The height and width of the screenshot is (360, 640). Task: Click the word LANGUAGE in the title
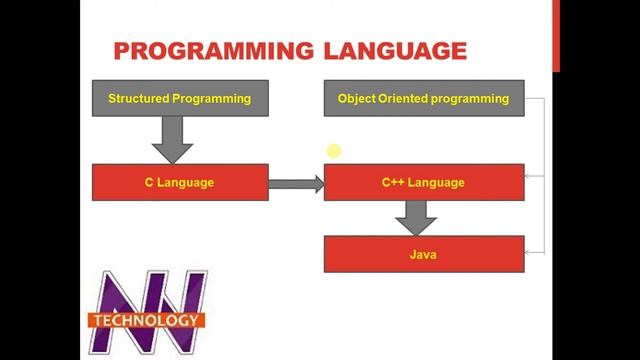[395, 50]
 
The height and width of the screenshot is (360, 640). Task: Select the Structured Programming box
[180, 98]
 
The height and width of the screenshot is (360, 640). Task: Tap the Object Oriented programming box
[423, 98]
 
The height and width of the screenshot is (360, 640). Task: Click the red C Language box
[180, 183]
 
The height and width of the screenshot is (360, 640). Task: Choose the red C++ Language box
[423, 183]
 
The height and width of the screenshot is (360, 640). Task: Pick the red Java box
[423, 254]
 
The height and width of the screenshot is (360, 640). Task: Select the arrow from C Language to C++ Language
[296, 183]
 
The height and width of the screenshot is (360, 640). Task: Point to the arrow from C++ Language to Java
[416, 217]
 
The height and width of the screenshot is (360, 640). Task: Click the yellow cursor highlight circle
[333, 151]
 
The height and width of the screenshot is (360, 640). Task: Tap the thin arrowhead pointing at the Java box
[530, 253]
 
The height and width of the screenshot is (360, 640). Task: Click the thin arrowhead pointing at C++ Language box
[530, 176]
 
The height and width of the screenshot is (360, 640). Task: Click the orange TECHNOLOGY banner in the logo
[146, 321]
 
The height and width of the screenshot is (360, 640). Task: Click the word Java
[423, 254]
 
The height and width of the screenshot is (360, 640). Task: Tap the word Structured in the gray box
[139, 98]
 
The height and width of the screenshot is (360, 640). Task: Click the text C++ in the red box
[392, 183]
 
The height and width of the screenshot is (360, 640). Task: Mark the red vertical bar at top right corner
[556, 35]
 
